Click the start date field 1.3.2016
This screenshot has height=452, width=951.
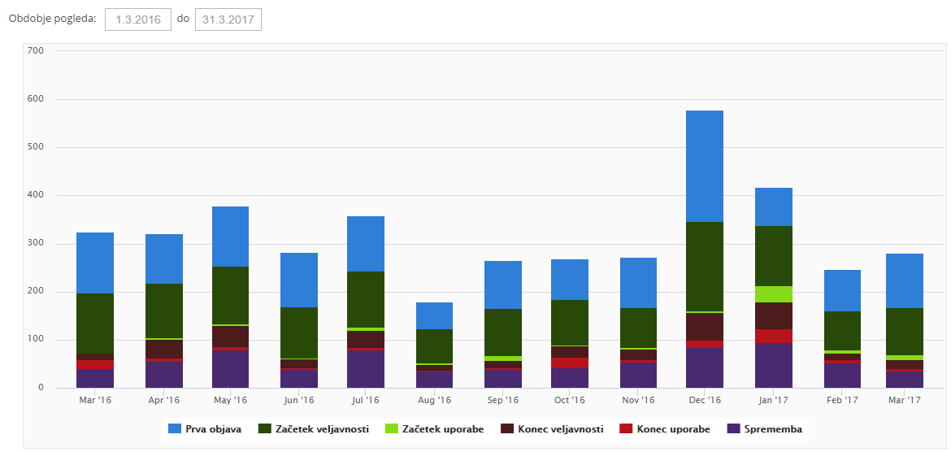click(138, 20)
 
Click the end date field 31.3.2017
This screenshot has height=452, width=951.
click(228, 20)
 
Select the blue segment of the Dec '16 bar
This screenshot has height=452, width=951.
click(704, 166)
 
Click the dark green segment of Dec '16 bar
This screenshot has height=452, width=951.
click(704, 267)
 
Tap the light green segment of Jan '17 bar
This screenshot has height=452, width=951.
click(773, 294)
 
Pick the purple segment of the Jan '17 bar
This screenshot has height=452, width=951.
click(773, 365)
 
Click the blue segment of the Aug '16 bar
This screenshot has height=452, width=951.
click(434, 315)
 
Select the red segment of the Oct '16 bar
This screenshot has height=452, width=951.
click(569, 363)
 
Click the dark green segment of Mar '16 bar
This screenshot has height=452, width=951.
click(95, 324)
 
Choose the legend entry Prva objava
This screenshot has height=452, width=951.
click(205, 429)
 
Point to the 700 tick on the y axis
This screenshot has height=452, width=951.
click(35, 50)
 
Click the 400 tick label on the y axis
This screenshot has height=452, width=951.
click(35, 195)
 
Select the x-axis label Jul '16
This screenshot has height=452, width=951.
click(366, 400)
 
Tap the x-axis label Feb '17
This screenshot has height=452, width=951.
click(842, 400)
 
